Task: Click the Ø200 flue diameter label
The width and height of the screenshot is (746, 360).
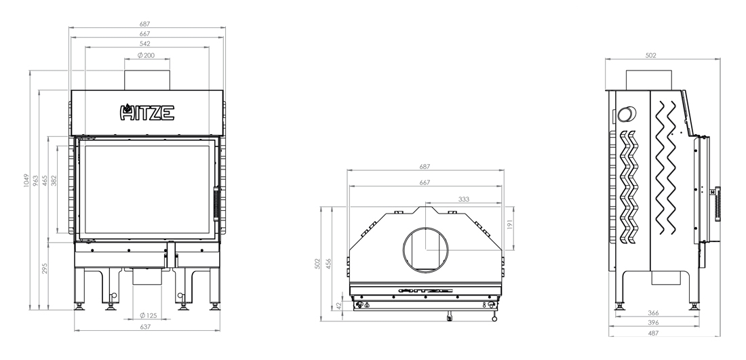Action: [146, 55]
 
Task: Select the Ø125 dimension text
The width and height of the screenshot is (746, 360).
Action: [149, 315]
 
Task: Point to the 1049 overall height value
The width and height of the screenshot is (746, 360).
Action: [26, 181]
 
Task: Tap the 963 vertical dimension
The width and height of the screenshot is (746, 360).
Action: [36, 181]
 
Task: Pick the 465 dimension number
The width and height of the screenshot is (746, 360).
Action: [45, 181]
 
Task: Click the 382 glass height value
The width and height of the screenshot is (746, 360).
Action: [54, 181]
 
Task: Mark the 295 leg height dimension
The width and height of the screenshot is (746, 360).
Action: [45, 268]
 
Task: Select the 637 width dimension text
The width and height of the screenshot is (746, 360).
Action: [145, 327]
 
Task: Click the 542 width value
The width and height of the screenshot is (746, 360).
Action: [145, 44]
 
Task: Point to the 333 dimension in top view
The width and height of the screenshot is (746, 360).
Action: [463, 199]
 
